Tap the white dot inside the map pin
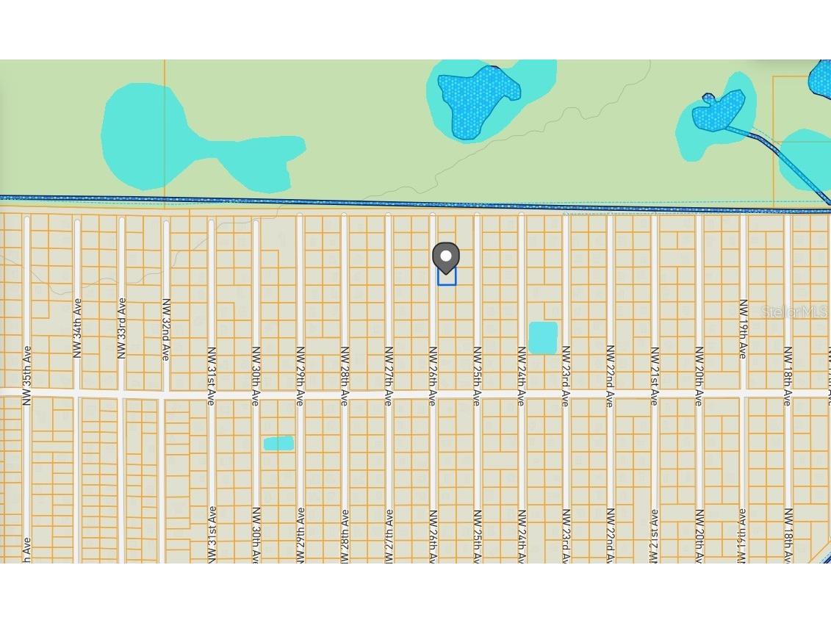point(445,255)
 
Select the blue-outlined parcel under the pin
point(447,277)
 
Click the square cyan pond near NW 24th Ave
point(543,338)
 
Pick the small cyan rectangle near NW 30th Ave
point(278,443)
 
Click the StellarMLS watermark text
point(794,311)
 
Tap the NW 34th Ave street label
point(77,328)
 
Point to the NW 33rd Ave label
point(122,328)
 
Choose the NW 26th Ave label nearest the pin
point(433,375)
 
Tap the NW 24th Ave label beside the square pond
point(522,375)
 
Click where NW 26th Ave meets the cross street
point(433,395)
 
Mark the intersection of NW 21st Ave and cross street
point(654,395)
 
